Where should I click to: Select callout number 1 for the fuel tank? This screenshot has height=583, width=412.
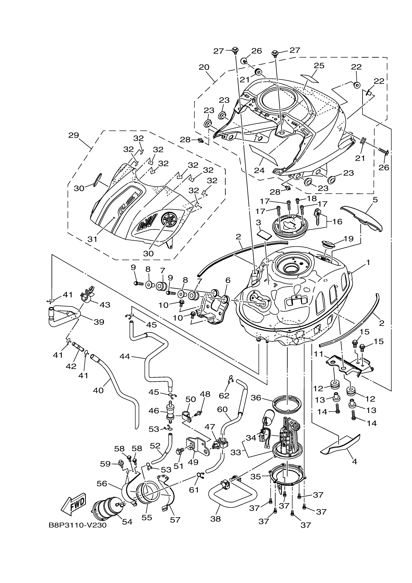368,263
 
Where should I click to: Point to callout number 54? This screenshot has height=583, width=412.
127,522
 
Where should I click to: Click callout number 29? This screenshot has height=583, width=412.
74,135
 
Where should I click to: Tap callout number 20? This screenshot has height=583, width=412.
204,67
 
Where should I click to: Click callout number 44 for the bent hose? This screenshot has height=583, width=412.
125,357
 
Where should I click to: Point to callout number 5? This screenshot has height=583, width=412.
375,200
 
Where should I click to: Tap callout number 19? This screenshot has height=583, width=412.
349,239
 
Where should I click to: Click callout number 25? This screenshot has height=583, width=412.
319,65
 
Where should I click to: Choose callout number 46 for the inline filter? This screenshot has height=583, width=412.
154,411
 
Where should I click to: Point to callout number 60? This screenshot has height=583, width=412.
222,409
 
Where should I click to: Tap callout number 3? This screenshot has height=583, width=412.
258,223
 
